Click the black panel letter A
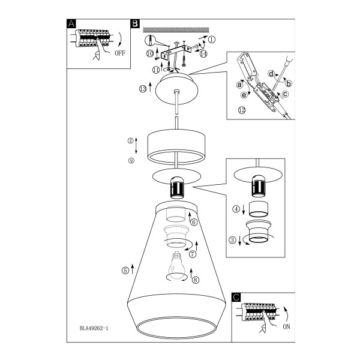tap(71, 23)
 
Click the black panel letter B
tap(135, 23)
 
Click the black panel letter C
tap(236, 297)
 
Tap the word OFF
tap(120, 53)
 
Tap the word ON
tap(286, 326)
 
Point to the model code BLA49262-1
tap(94, 328)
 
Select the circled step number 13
tap(143, 89)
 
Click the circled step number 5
tap(125, 271)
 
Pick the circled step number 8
tap(196, 280)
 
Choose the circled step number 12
tap(242, 110)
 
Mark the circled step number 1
tap(212, 40)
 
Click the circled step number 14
tap(203, 54)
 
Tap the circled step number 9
tap(131, 161)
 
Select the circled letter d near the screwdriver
tap(272, 74)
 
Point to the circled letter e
tap(244, 95)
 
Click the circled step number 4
tap(236, 209)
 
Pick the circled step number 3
tap(232, 240)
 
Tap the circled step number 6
tap(194, 222)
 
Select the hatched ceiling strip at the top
tap(176, 29)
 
